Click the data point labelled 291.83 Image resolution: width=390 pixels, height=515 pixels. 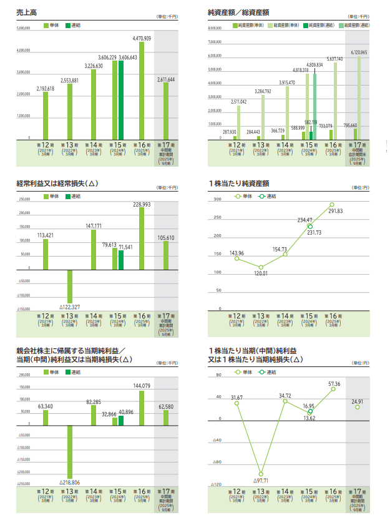pyautogui.click(x=332, y=205)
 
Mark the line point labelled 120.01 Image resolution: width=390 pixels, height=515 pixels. pyautogui.click(x=261, y=267)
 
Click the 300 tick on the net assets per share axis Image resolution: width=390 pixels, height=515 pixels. pyautogui.click(x=218, y=200)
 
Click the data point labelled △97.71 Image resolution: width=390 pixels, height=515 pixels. pyautogui.click(x=261, y=474)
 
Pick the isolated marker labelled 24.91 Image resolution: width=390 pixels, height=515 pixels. pyautogui.click(x=358, y=407)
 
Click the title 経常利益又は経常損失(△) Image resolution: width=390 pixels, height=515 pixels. pyautogui.click(x=57, y=184)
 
